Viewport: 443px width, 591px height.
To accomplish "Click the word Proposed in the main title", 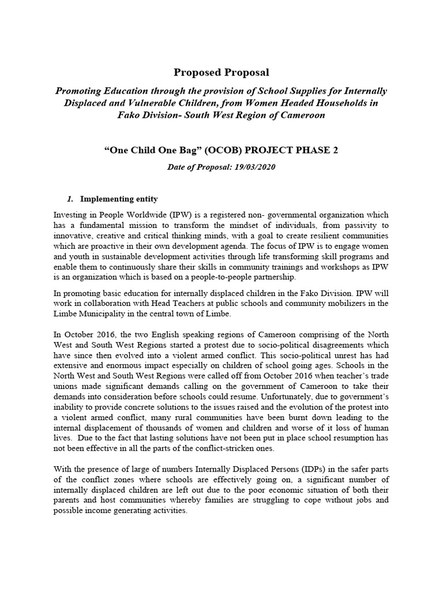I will pyautogui.click(x=196, y=72).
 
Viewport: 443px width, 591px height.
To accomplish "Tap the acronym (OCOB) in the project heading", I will pyautogui.click(x=199, y=151).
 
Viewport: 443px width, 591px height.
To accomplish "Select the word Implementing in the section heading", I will pyautogui.click(x=108, y=199).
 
